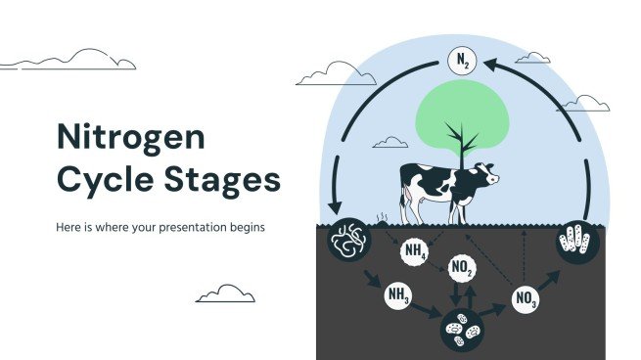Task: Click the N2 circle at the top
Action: pos(463,61)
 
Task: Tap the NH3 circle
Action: pos(398,293)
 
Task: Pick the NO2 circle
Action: pos(462,267)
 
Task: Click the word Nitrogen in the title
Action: pos(130,137)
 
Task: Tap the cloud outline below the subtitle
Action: pos(225,294)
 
